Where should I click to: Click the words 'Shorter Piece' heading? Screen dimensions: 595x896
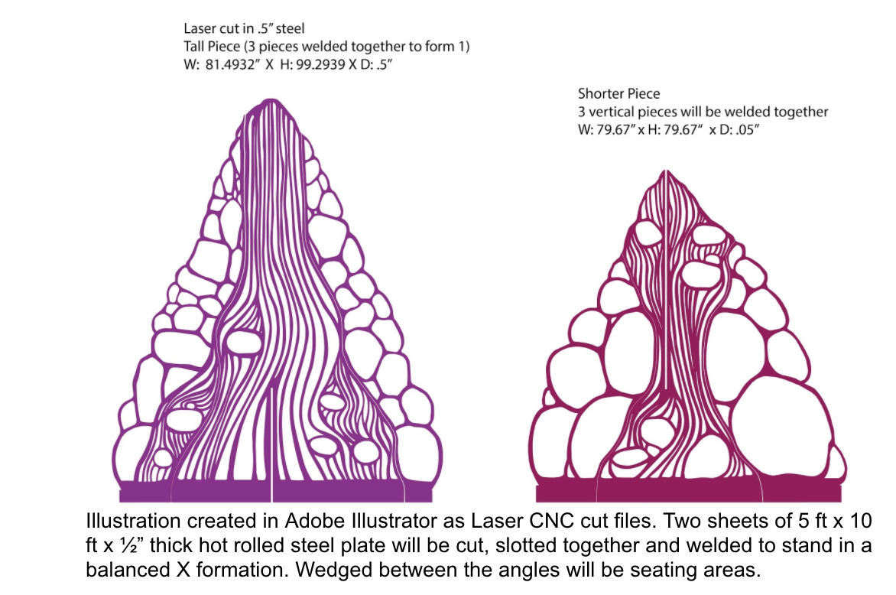coord(618,94)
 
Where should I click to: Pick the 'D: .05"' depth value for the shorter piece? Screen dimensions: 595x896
coord(735,130)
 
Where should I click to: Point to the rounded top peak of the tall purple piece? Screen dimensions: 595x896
coord(269,102)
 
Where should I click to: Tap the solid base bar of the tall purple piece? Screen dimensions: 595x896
coord(222,491)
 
